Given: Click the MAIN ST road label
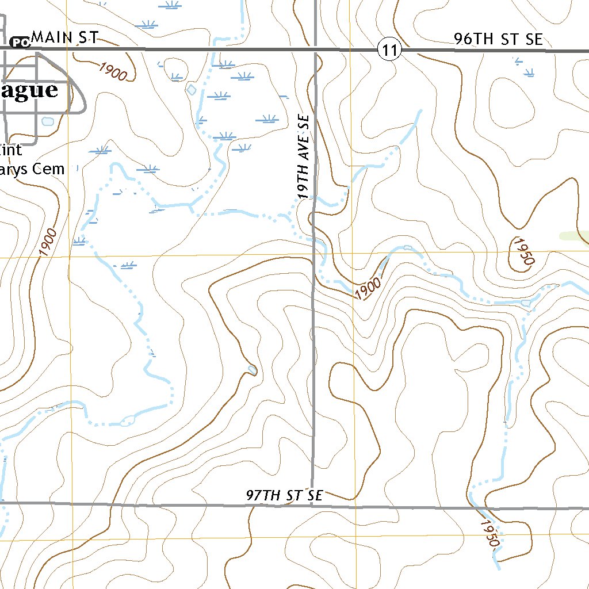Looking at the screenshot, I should pyautogui.click(x=64, y=38).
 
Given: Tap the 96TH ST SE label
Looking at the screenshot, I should pyautogui.click(x=498, y=39).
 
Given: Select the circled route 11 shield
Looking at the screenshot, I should pyautogui.click(x=389, y=51).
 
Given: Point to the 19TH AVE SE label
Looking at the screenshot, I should pyautogui.click(x=304, y=157).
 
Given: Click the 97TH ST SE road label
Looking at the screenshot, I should pyautogui.click(x=285, y=495).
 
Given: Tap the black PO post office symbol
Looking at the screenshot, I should pyautogui.click(x=20, y=42).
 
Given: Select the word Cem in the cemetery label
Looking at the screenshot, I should pyautogui.click(x=49, y=170).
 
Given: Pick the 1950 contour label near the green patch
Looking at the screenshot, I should pyautogui.click(x=522, y=251).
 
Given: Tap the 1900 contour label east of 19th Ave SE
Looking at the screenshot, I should pyautogui.click(x=368, y=289).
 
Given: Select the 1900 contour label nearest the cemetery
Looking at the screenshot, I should pyautogui.click(x=48, y=242).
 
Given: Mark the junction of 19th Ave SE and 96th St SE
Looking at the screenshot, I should pyautogui.click(x=316, y=51).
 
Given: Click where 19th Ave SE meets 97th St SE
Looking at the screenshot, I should pyautogui.click(x=312, y=506).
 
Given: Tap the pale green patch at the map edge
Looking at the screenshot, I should pyautogui.click(x=575, y=236).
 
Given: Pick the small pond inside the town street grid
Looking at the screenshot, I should pyautogui.click(x=47, y=121).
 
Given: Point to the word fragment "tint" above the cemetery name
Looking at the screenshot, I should pyautogui.click(x=11, y=150).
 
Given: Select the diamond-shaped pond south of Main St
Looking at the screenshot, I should pyautogui.click(x=192, y=90).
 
